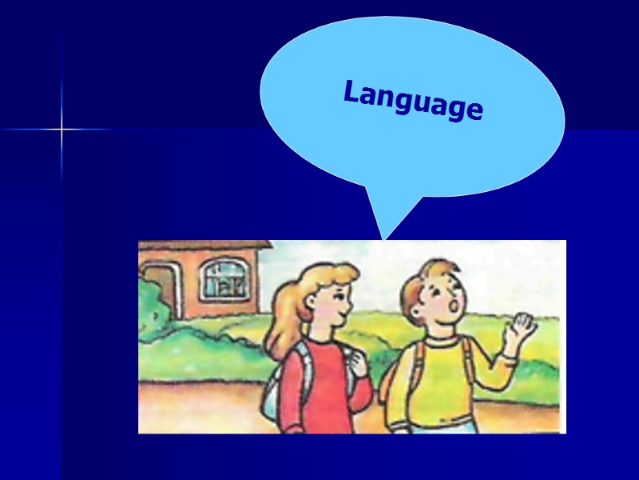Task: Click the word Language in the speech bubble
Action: [x=413, y=101]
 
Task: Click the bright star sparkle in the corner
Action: [x=62, y=129]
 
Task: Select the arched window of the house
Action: [x=224, y=278]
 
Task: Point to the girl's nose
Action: [x=349, y=302]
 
